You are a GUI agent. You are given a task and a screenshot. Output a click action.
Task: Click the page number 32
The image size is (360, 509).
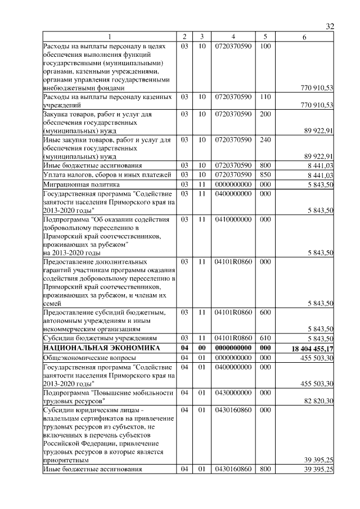coord(330,26)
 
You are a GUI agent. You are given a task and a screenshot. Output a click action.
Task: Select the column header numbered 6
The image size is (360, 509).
coord(304,37)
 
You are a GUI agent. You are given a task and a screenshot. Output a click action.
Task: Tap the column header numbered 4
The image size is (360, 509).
coord(232,37)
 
